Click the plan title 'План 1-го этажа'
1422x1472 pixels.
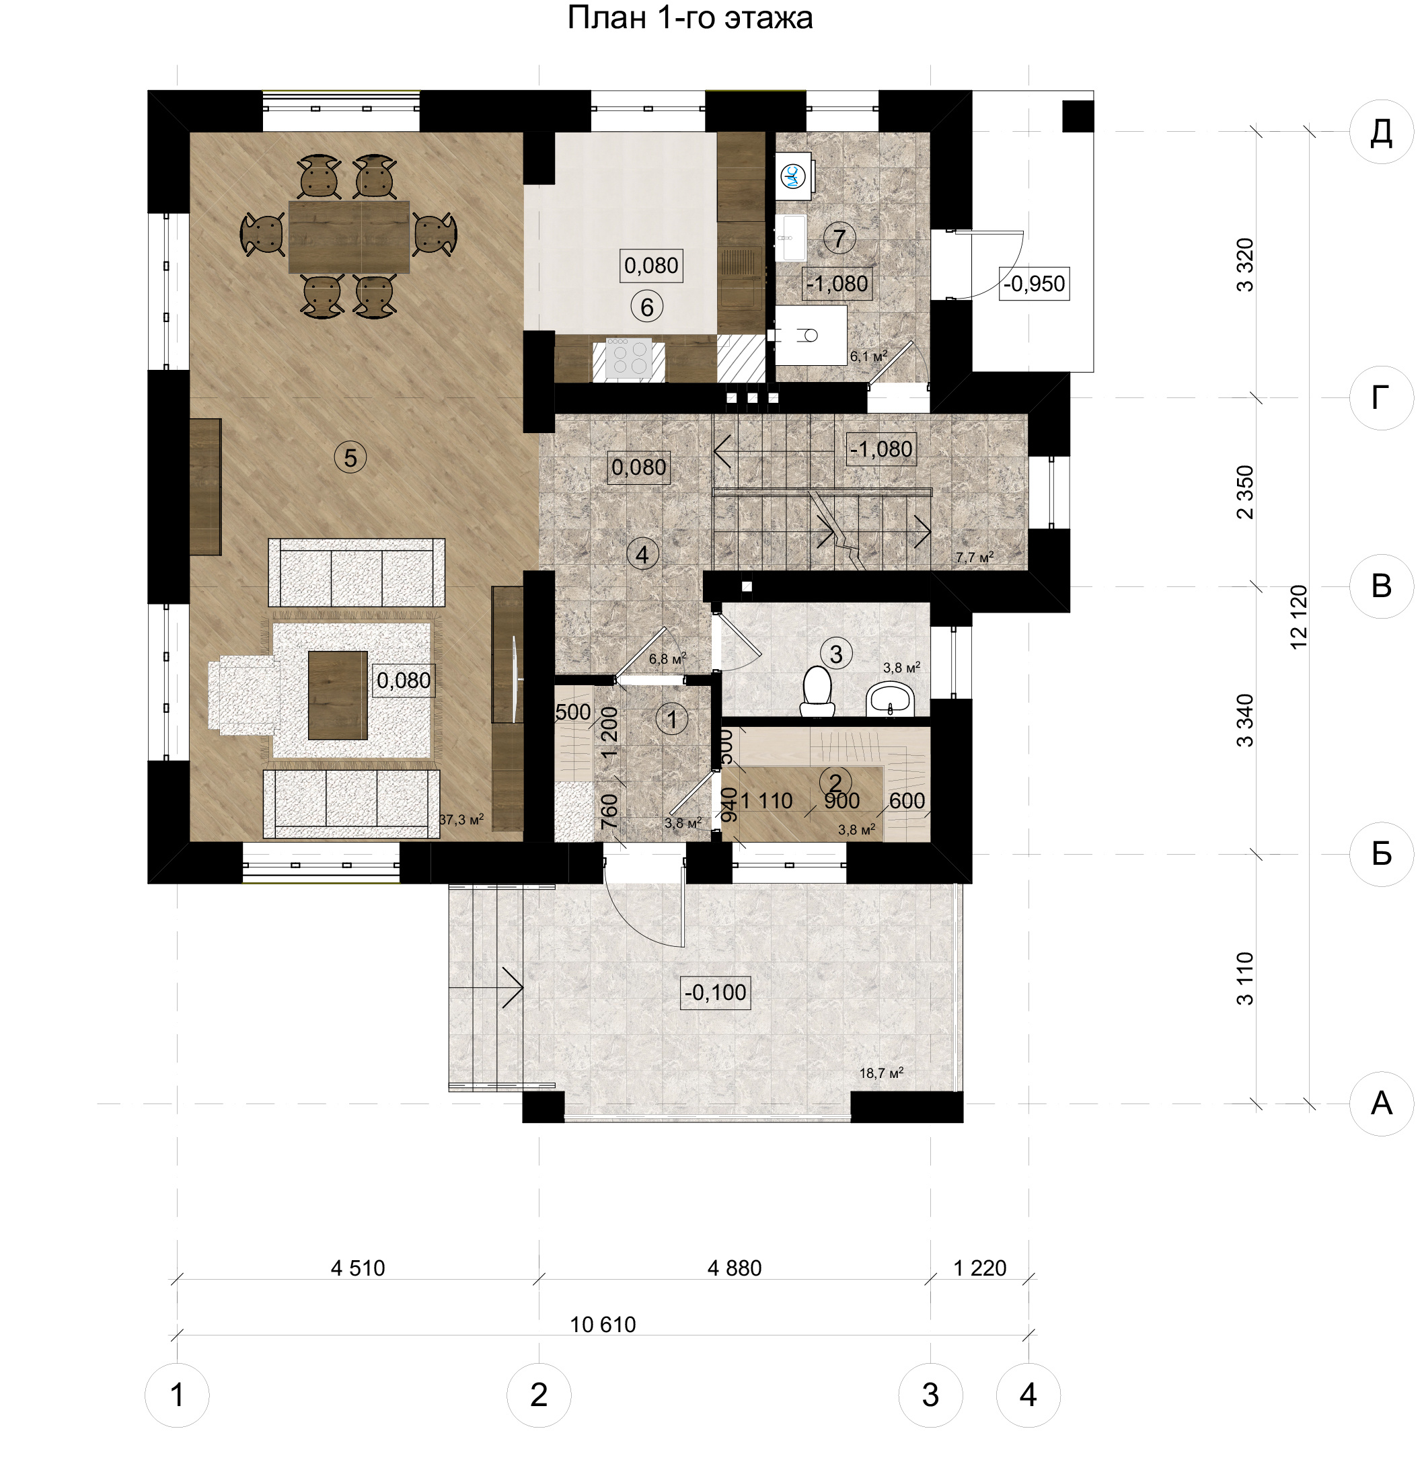(x=689, y=18)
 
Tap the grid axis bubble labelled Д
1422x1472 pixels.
(x=1382, y=132)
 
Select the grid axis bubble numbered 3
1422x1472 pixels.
(x=930, y=1395)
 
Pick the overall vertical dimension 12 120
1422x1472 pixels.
(x=1298, y=617)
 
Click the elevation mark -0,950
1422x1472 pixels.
(x=1034, y=284)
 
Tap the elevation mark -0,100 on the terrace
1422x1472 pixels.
(x=715, y=992)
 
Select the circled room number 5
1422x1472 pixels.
(x=350, y=457)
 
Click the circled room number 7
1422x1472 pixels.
(x=839, y=238)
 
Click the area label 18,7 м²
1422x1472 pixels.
(x=881, y=1073)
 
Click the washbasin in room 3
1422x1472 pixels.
(x=890, y=699)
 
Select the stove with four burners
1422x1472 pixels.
(x=629, y=358)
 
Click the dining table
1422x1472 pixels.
(x=348, y=237)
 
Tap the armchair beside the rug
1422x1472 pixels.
(x=244, y=695)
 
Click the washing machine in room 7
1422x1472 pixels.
(x=793, y=175)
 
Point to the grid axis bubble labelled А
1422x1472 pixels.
(x=1382, y=1103)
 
